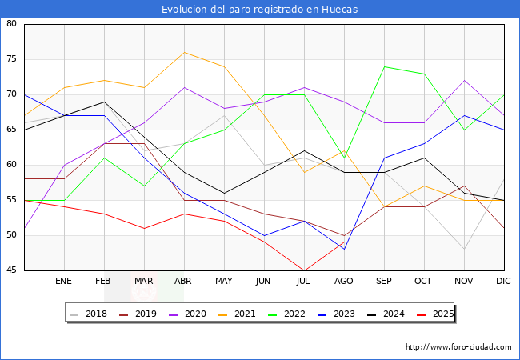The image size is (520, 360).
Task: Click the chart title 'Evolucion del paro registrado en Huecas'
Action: [260, 10]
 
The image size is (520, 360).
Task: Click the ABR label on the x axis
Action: [184, 282]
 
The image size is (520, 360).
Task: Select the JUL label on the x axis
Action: [304, 282]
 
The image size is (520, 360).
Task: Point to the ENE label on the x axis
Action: [64, 282]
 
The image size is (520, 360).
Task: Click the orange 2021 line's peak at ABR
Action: [184, 53]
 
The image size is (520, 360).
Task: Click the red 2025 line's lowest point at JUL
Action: [304, 270]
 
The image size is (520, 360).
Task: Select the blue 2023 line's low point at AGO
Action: [344, 250]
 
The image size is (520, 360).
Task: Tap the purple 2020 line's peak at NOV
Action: [464, 80]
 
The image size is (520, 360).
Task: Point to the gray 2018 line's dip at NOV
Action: [464, 250]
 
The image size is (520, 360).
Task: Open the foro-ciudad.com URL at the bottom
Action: [458, 347]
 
